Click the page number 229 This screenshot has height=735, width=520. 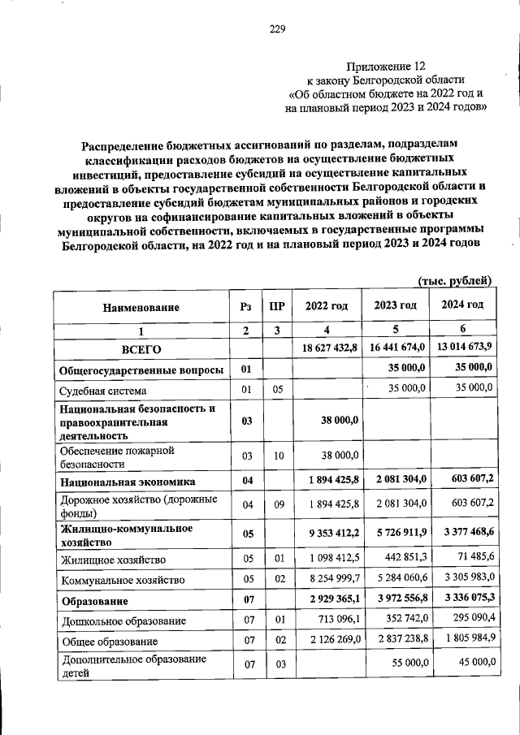click(277, 30)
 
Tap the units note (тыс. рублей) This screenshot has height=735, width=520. click(455, 280)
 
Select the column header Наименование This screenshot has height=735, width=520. click(141, 307)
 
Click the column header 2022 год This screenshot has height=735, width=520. click(326, 306)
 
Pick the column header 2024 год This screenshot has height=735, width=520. click(462, 305)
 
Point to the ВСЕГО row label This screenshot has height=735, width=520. click(141, 349)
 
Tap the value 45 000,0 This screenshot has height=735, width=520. click(472, 663)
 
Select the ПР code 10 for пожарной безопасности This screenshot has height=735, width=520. click(278, 456)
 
